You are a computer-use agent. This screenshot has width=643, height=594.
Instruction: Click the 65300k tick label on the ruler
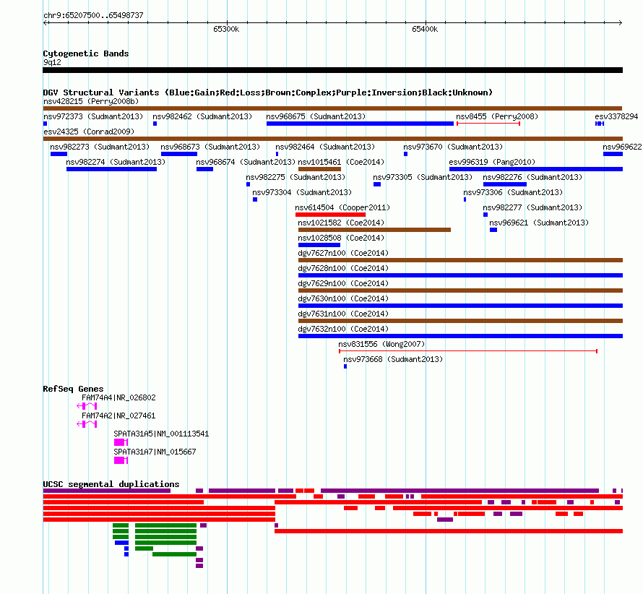tap(226, 29)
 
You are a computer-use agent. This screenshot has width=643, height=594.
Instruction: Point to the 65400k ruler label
tap(425, 29)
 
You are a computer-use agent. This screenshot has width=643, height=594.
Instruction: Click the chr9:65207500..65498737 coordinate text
tap(93, 15)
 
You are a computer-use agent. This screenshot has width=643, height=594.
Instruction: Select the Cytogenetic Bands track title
tap(86, 53)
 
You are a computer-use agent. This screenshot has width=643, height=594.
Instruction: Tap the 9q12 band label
tap(52, 62)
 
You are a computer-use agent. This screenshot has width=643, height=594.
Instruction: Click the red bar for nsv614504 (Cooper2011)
tap(330, 215)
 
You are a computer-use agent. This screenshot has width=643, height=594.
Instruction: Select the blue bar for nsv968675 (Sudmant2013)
tap(360, 124)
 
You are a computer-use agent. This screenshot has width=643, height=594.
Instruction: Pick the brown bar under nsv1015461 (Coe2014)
tap(319, 169)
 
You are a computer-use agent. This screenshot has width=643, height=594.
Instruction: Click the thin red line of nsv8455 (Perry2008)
tap(488, 124)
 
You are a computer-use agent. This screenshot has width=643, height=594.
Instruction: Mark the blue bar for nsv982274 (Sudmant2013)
tap(111, 169)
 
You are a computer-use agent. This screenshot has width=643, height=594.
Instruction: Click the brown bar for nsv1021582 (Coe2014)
tap(374, 230)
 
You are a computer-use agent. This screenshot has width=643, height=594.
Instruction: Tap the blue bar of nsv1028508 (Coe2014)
tap(319, 245)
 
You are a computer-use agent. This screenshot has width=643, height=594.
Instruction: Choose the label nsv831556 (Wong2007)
tap(381, 344)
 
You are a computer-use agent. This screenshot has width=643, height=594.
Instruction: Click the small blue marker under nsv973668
tap(345, 366)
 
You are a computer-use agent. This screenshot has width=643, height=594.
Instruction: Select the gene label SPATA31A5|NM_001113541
tap(161, 434)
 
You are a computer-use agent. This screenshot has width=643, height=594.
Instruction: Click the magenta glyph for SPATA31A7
tap(121, 460)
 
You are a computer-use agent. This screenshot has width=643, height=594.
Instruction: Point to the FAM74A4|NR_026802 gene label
tap(118, 397)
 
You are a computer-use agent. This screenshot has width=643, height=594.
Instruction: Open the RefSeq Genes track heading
tap(73, 389)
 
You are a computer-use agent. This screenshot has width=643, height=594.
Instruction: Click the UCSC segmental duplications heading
tap(111, 484)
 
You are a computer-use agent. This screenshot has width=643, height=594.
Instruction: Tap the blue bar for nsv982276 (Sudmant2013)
tap(505, 184)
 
